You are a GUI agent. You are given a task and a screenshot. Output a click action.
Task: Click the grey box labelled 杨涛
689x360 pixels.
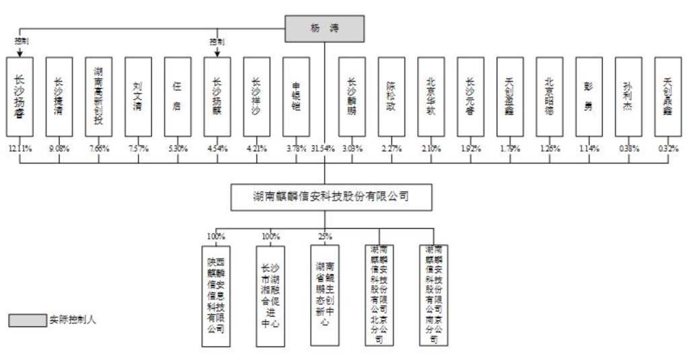click(325, 29)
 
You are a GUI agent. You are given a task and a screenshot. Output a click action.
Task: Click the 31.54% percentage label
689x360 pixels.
click(325, 149)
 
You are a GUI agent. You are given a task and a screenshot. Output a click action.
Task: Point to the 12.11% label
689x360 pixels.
click(20, 149)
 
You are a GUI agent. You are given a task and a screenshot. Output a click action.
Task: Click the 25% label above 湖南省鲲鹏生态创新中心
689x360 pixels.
click(326, 236)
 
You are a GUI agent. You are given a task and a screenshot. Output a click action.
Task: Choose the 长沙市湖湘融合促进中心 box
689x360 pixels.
click(270, 295)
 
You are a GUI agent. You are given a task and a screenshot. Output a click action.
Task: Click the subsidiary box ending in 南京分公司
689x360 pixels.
click(433, 295)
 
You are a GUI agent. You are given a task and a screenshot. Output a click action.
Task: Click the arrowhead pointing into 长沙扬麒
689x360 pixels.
click(217, 55)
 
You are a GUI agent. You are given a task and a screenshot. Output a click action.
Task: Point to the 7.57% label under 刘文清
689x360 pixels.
click(138, 149)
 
